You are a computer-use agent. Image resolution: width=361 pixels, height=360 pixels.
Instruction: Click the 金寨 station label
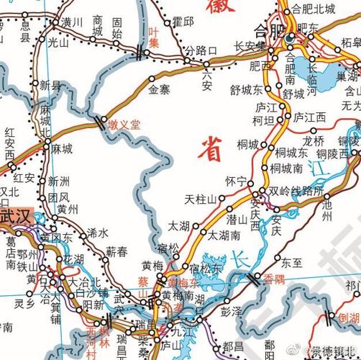point(159,90)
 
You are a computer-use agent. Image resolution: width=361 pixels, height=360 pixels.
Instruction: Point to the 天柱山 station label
point(201,199)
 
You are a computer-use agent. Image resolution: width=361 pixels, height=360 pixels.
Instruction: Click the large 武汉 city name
point(16,216)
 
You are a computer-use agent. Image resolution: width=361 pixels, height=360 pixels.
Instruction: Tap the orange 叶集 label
point(152,37)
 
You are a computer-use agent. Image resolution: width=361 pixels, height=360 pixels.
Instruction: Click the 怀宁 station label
point(236,180)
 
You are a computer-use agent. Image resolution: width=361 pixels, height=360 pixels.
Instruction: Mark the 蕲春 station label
point(116,251)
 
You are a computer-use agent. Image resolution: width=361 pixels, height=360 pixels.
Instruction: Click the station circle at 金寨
point(151,77)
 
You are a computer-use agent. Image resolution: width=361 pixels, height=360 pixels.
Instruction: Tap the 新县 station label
point(50,85)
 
